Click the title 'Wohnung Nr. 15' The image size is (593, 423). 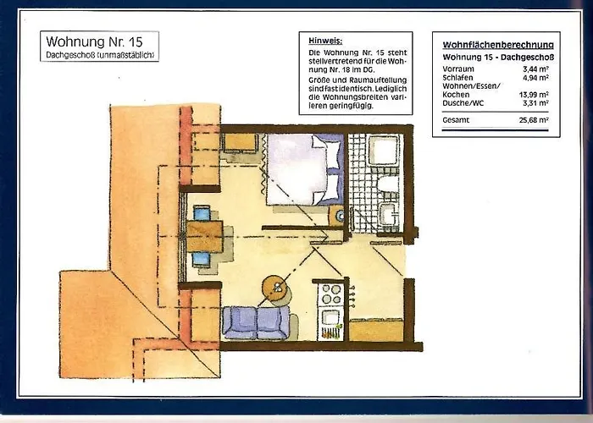point(94,41)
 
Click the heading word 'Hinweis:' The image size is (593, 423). point(325,41)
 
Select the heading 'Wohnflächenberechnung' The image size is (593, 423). point(498,45)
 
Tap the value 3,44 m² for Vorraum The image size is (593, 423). point(535,69)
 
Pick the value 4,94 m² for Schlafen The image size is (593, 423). point(535,78)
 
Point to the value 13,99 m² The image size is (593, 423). point(534,95)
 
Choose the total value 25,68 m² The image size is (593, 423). point(534,120)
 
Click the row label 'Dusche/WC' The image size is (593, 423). point(463,103)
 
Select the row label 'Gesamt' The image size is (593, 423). point(456,120)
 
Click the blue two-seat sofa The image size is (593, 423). point(256,322)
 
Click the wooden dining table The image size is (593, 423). point(205,237)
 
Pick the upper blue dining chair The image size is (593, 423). point(202,213)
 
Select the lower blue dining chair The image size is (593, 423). point(201,260)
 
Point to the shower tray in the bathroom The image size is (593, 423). point(384,150)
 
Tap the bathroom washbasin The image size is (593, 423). point(388,214)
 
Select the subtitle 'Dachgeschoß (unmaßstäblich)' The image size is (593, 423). point(100,55)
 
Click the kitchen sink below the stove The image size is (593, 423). point(330,318)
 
